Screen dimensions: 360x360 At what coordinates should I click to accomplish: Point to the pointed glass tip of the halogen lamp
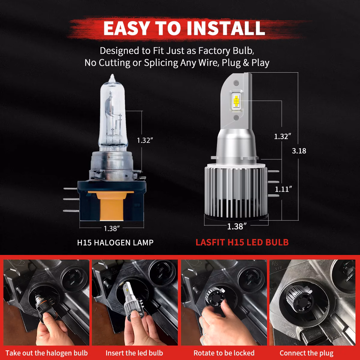(x=112, y=77)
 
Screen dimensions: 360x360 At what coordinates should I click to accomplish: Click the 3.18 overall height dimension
(x=299, y=151)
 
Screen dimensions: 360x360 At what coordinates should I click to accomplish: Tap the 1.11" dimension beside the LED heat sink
(x=283, y=189)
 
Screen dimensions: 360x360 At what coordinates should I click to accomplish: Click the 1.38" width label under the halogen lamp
(x=112, y=228)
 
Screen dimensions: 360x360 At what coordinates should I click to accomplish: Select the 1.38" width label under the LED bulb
(x=237, y=226)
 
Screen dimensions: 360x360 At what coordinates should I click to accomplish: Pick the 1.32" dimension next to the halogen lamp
(x=145, y=140)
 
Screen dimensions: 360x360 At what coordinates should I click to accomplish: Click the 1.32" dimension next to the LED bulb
(x=282, y=136)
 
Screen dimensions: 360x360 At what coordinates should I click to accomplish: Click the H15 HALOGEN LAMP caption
(x=115, y=242)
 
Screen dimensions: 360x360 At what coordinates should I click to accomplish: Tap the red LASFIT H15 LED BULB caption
(x=242, y=242)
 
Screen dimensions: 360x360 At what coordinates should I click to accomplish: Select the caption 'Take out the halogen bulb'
(x=46, y=353)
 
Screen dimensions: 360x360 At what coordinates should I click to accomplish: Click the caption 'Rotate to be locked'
(x=224, y=353)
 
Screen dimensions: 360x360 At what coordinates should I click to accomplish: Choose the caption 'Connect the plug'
(x=306, y=353)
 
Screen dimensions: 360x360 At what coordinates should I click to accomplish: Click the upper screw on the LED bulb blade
(x=236, y=82)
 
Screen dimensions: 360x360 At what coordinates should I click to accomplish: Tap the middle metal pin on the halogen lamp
(x=71, y=199)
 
